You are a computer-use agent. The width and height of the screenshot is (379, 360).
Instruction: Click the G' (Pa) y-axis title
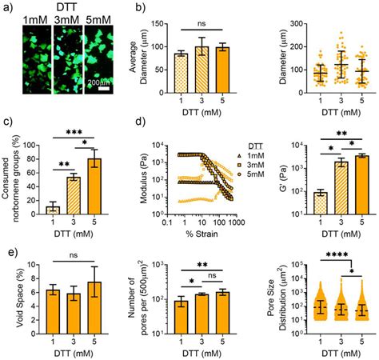click(277, 178)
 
